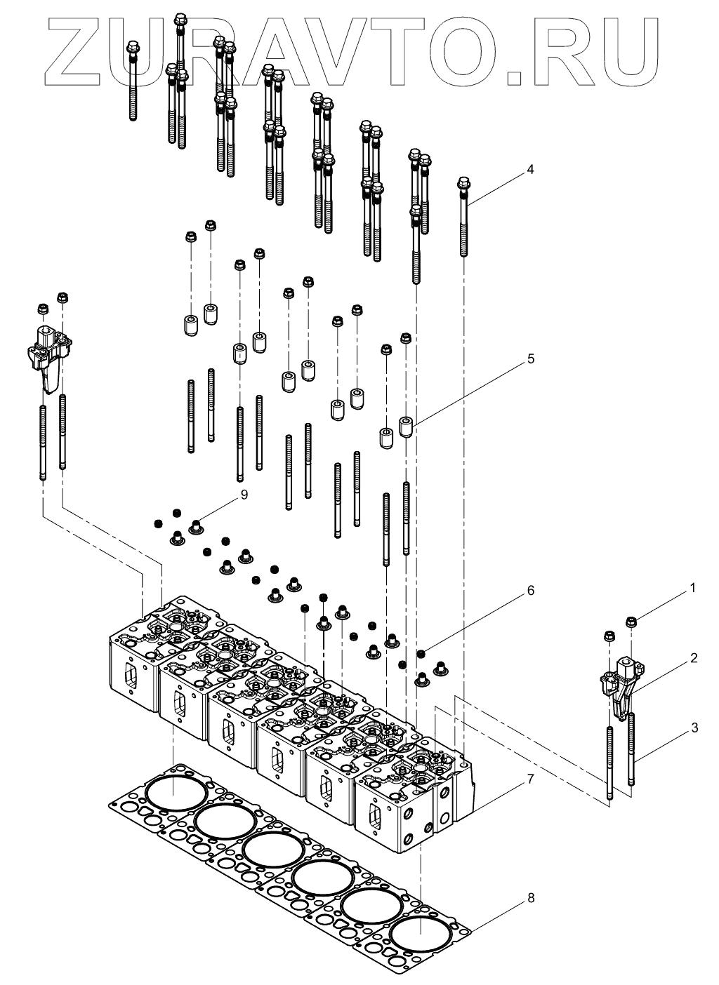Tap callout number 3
(x=694, y=728)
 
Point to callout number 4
(x=531, y=169)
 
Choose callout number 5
(x=531, y=359)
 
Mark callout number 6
(x=531, y=591)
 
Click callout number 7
(x=531, y=778)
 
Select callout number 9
(x=244, y=494)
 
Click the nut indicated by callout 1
(x=631, y=622)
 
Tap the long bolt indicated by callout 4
(x=463, y=217)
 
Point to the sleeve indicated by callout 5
(x=405, y=427)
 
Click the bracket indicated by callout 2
(x=619, y=688)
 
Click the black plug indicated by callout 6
(x=421, y=654)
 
